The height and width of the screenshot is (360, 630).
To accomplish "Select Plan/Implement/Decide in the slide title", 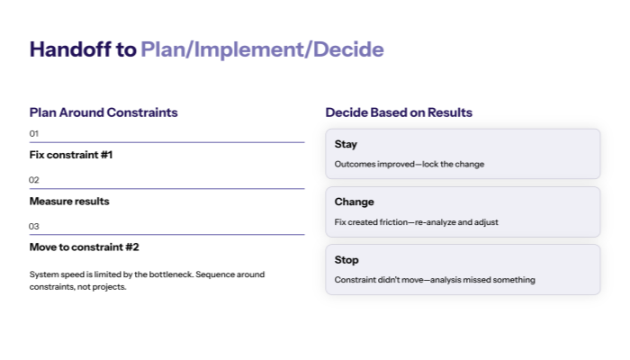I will (262, 49).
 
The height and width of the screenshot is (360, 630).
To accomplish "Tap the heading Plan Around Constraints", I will (103, 112).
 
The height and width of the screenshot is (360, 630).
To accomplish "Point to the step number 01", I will (34, 133).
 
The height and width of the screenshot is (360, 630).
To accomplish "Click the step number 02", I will (34, 180).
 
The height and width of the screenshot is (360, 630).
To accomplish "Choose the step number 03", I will (34, 226).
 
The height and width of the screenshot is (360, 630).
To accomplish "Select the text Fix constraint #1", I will (71, 155).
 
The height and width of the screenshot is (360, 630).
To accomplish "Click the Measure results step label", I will (69, 201).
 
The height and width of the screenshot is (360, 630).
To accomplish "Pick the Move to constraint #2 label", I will (84, 247).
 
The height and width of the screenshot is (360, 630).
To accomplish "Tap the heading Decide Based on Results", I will (399, 112).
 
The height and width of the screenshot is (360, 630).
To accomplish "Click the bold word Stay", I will (346, 144).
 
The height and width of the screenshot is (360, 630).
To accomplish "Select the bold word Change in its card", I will (354, 202).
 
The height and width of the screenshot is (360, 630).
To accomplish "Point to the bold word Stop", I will (346, 260).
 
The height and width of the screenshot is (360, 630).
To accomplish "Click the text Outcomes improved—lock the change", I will (409, 164).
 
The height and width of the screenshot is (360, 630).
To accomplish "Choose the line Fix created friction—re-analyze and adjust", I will (417, 221).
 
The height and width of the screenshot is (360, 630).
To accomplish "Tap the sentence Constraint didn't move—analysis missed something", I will (435, 280).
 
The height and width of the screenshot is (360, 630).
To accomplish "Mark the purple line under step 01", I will (166, 142).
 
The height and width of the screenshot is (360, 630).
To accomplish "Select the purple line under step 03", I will (166, 235).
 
